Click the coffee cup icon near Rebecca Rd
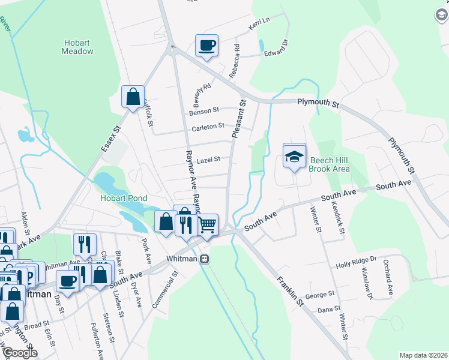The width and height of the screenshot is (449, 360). pyautogui.click(x=206, y=46)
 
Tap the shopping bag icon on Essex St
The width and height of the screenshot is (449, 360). pyautogui.click(x=132, y=96)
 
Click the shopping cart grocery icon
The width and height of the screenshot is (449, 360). pyautogui.click(x=207, y=226)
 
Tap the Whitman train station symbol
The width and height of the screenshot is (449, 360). pyautogui.click(x=204, y=259)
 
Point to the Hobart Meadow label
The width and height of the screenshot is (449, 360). pyautogui.click(x=77, y=47)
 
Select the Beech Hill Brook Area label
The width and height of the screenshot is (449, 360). pyautogui.click(x=329, y=165)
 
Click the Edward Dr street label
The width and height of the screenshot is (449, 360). pyautogui.click(x=277, y=49)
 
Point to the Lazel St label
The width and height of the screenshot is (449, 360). pyautogui.click(x=209, y=160)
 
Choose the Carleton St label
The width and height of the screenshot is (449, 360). pyautogui.click(x=208, y=127)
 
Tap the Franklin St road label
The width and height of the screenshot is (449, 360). pyautogui.click(x=290, y=293)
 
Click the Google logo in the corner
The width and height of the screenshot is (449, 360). pyautogui.click(x=20, y=353)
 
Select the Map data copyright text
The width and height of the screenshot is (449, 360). pyautogui.click(x=423, y=355)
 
